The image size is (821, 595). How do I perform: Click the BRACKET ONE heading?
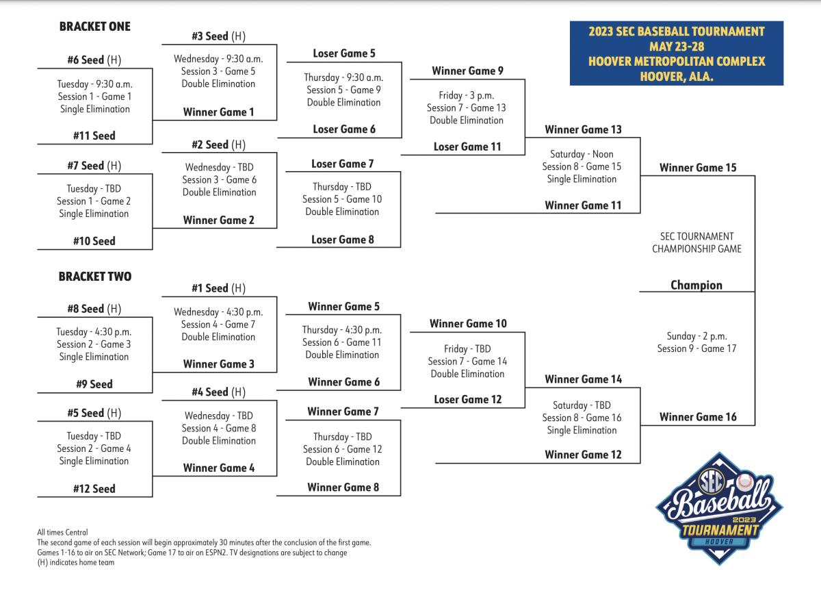coord(95,27)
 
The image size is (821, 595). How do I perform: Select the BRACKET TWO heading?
coord(95,276)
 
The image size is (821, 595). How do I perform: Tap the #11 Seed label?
coord(94,136)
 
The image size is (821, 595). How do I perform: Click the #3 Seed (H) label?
coord(219,36)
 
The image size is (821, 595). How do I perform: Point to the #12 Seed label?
coord(94,489)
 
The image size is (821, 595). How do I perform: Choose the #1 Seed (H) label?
coord(219,288)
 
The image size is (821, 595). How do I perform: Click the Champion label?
coord(696,285)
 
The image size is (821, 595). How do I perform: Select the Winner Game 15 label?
coord(698,168)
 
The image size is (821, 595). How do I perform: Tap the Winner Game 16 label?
coord(698,417)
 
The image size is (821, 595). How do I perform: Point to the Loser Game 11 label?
coord(467,147)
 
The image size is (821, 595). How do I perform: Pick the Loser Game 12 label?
coord(468,399)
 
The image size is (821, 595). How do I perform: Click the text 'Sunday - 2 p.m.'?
coord(696,336)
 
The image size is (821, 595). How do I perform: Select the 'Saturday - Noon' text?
coord(582,154)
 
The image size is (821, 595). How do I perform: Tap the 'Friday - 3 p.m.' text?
coord(467,95)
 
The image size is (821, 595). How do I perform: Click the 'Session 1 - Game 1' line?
coord(94,97)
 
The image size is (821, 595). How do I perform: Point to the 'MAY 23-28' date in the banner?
coord(677,47)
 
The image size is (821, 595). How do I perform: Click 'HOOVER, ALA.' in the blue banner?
coord(677,76)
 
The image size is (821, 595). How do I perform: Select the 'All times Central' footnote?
coord(62,532)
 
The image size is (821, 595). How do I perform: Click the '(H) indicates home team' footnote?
coord(76,562)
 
